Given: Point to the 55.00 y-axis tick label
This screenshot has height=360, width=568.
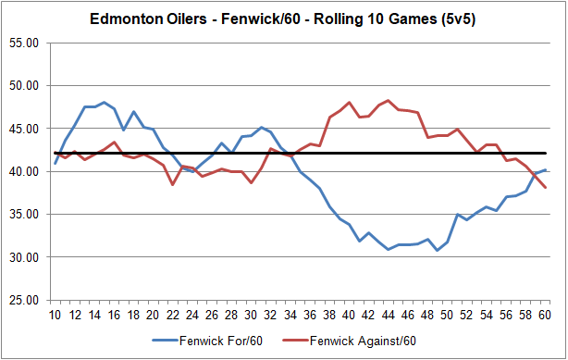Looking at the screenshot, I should pos(24,43).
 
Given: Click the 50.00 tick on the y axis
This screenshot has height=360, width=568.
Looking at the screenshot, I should pos(24,86).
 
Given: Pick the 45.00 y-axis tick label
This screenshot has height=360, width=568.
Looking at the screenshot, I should pos(24,129).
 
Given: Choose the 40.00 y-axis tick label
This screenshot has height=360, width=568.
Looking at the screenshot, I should pos(24,171).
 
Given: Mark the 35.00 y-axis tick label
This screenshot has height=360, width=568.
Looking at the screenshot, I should pos(24,215).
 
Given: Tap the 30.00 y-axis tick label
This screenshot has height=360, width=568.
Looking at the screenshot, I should pos(24,257).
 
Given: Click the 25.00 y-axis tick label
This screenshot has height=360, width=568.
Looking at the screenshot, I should pos(24,300).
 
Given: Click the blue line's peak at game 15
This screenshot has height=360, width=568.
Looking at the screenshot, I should pos(105,102).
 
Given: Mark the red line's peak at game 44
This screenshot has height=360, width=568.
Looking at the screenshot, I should pos(389,100).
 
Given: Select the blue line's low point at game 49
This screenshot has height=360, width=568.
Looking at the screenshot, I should pos(438,250).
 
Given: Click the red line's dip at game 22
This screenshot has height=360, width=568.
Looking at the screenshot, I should pos(173,184).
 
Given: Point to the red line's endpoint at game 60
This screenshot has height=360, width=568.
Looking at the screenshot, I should pos(546,188).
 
